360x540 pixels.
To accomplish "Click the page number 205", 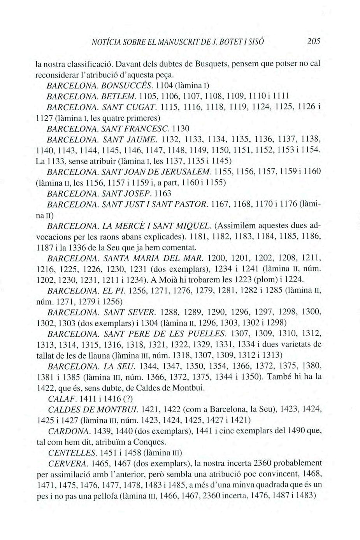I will point(313,42).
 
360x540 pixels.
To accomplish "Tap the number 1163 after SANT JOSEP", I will point(163,193).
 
